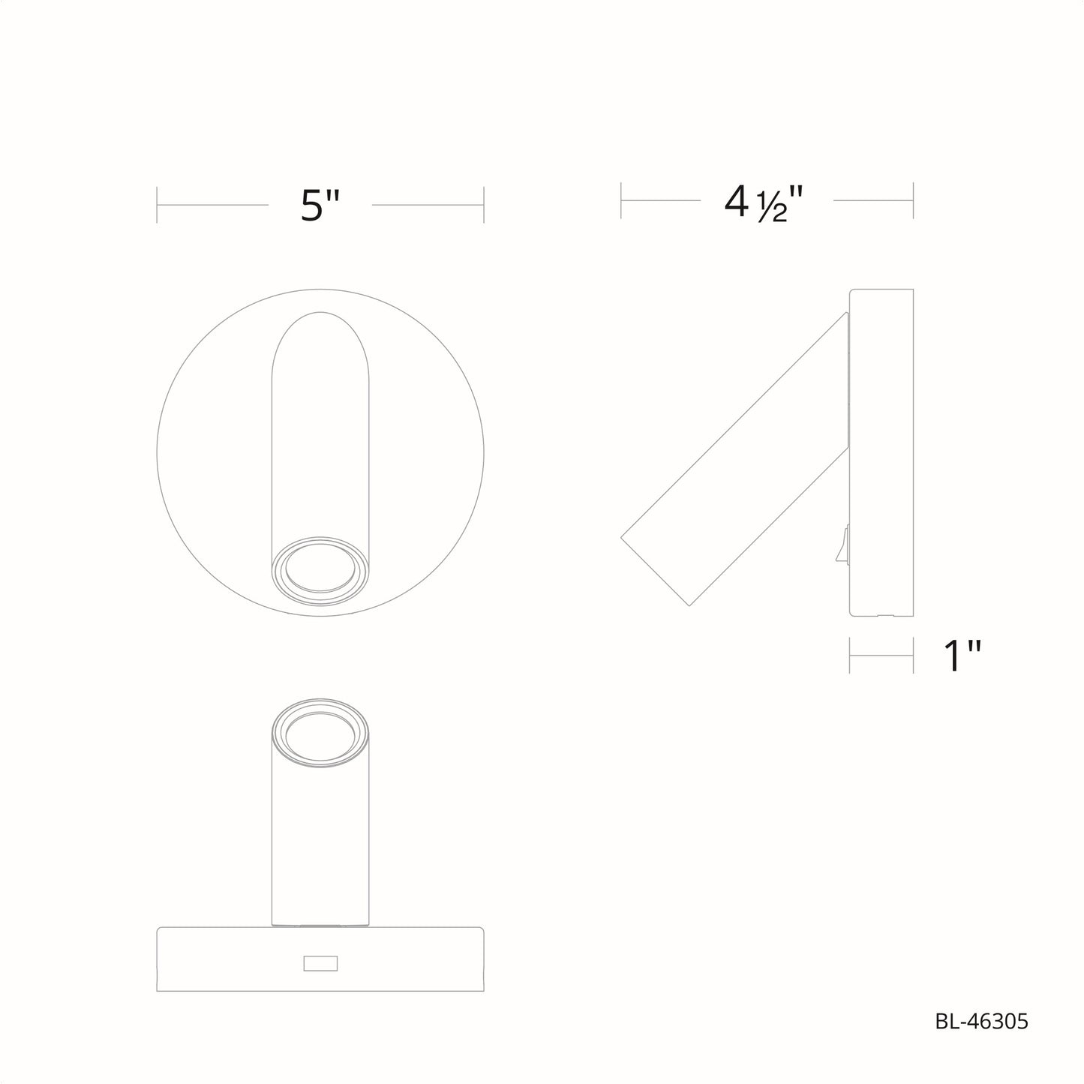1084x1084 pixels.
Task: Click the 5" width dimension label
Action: (320, 206)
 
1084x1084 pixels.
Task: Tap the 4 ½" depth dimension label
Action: (764, 203)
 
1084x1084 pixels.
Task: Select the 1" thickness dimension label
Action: (962, 656)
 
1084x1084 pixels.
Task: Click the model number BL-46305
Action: (982, 1021)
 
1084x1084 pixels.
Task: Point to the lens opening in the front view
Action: (320, 568)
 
